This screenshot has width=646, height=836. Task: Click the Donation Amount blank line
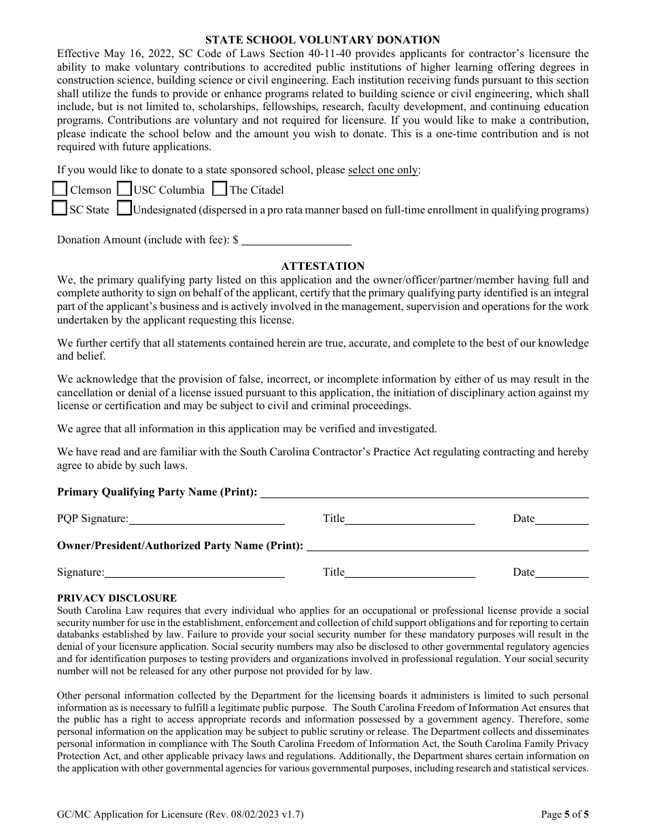point(296,240)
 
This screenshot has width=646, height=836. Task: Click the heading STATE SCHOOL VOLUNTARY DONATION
point(323,40)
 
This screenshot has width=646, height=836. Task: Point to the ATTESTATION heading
point(323,266)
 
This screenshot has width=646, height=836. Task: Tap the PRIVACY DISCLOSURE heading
point(117,598)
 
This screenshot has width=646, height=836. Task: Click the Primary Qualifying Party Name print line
point(424,493)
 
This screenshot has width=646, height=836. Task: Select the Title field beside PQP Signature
point(410,519)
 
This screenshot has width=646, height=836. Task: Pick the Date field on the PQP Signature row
point(562,519)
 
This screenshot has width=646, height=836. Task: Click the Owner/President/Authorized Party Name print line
point(447,546)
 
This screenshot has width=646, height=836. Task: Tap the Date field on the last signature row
point(562,572)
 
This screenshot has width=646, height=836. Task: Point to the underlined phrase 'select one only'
point(383,170)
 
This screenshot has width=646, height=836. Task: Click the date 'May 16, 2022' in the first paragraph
point(131,54)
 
